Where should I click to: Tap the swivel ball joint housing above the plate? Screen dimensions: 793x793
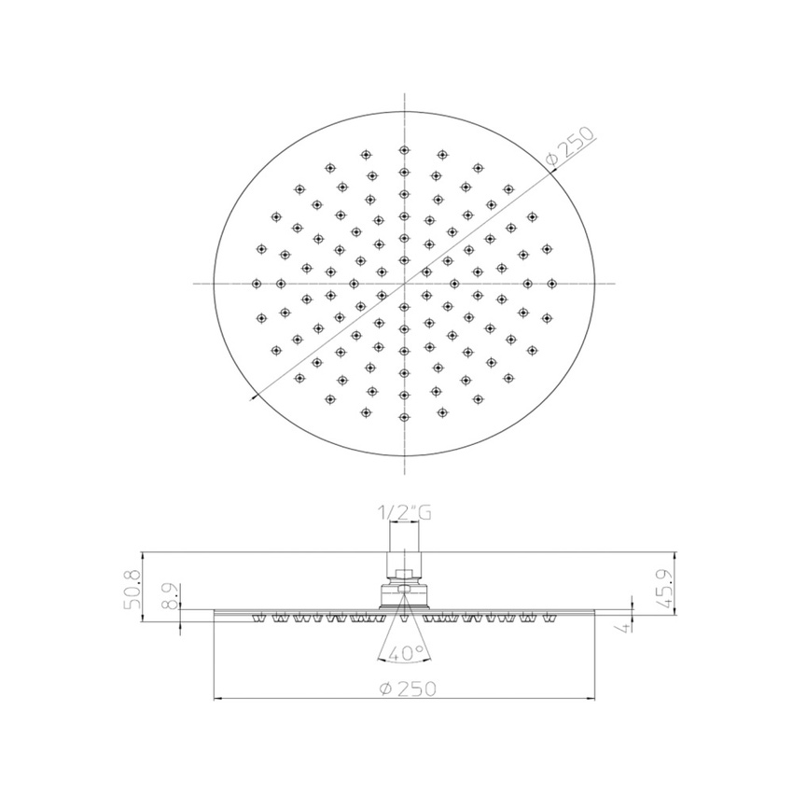click(x=403, y=596)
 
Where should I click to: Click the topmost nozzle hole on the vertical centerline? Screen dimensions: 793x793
click(x=403, y=149)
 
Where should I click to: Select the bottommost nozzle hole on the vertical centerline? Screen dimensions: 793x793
click(x=403, y=416)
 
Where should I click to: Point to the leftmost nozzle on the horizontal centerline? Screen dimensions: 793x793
click(x=257, y=283)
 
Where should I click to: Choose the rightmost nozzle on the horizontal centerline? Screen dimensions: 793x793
click(x=551, y=283)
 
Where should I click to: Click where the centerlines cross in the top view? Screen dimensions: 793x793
click(x=403, y=283)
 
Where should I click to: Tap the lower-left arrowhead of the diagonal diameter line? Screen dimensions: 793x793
click(x=255, y=396)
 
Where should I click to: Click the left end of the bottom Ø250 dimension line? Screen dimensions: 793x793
click(x=216, y=697)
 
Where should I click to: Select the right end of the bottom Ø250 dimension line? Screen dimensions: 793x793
click(x=591, y=697)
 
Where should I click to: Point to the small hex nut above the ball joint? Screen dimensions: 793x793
click(x=403, y=574)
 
